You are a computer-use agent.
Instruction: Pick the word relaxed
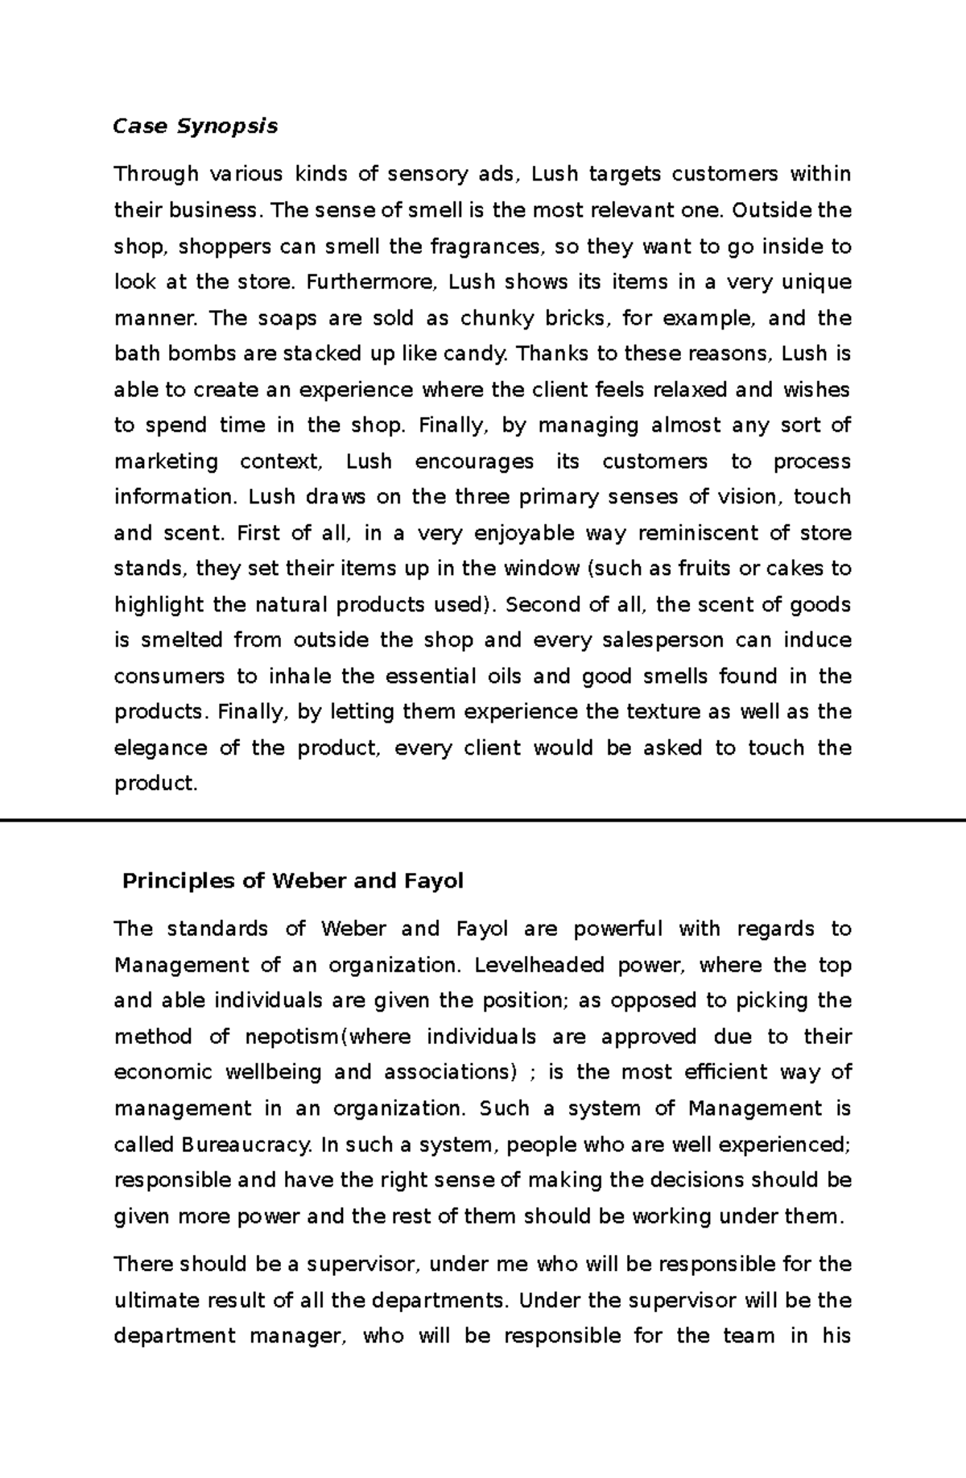691,391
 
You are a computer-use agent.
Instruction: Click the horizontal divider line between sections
483,820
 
